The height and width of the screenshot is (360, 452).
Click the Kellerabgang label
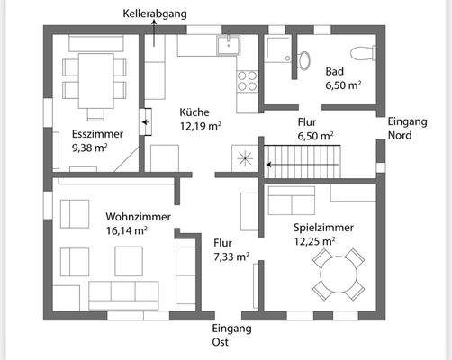point(155,14)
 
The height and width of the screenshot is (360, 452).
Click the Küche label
point(194,112)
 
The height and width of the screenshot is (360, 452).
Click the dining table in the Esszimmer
point(94,77)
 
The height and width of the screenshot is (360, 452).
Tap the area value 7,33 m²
point(229,256)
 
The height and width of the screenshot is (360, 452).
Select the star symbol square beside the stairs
point(245,157)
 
